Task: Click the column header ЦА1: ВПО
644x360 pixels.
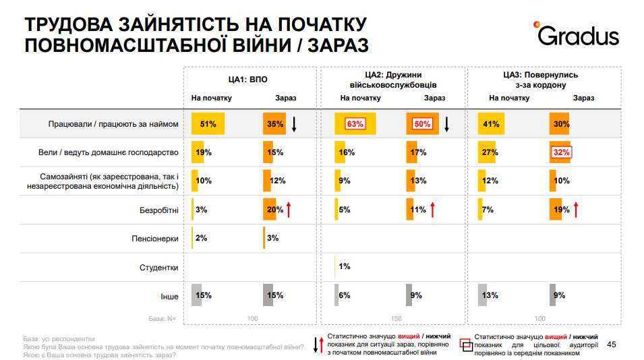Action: click(x=247, y=80)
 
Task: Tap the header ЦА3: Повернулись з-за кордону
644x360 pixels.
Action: click(x=540, y=80)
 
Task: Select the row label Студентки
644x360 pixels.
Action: click(x=159, y=267)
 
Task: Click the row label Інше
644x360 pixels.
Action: click(x=169, y=295)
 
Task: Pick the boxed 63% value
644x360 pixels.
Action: click(x=355, y=124)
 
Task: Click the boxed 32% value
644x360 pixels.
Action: click(x=561, y=152)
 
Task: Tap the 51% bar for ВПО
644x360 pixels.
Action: click(x=208, y=124)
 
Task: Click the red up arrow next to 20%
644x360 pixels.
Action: click(x=288, y=210)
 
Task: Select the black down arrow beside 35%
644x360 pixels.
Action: click(x=294, y=124)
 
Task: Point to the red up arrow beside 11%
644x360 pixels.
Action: click(x=432, y=210)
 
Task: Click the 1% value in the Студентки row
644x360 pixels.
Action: click(x=344, y=267)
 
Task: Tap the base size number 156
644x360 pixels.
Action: click(x=397, y=318)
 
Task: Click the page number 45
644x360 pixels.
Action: click(x=612, y=344)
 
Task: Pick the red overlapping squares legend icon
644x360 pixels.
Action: click(x=465, y=344)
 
